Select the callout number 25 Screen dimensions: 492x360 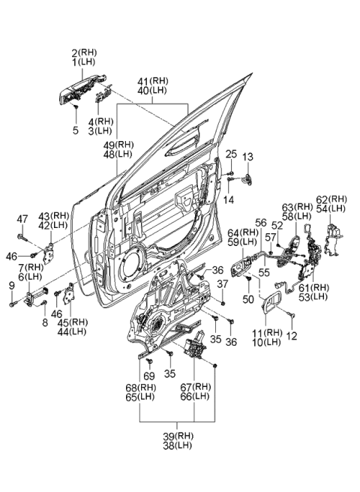click(x=231, y=154)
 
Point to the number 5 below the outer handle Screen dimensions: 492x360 click(x=75, y=130)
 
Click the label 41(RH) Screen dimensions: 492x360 click(x=158, y=80)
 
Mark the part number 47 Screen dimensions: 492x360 click(x=23, y=218)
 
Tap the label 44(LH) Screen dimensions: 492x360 click(x=72, y=331)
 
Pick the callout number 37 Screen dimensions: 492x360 click(x=222, y=283)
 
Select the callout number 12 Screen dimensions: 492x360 click(x=292, y=335)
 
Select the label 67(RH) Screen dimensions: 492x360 click(x=201, y=387)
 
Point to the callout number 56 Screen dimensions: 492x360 click(x=261, y=222)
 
